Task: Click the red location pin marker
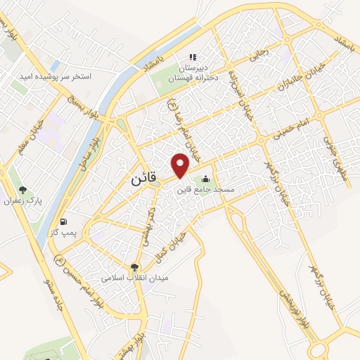pos(181,165)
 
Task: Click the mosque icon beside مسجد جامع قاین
pos(205,179)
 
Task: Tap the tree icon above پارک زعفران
pos(23,189)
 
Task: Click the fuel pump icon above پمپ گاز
pos(65,219)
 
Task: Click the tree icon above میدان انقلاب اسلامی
pos(134,266)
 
